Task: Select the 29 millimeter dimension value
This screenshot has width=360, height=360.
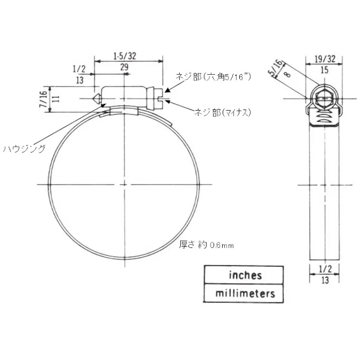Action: tap(124, 67)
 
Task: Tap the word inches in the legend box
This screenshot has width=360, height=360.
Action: tap(245, 275)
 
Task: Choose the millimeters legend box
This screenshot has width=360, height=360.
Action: tap(245, 293)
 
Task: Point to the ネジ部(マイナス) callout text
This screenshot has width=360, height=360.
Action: tap(223, 113)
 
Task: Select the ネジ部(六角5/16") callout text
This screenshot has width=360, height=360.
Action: tap(213, 77)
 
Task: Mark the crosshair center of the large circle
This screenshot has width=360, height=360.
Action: tap(124, 185)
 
